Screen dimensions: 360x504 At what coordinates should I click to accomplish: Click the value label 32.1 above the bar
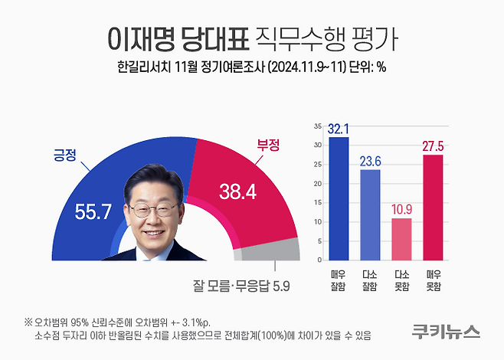pos(339,129)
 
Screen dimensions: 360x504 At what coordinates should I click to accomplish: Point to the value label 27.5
pos(433,146)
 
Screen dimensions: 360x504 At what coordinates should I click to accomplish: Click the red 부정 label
pos(267,143)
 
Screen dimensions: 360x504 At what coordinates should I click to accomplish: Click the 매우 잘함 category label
pos(339,279)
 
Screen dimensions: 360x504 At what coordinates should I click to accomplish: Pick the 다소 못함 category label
pos(401,279)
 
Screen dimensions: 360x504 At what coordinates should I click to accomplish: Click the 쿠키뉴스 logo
pos(445,332)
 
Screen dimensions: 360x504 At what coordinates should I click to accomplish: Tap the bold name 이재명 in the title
pos(142,36)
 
